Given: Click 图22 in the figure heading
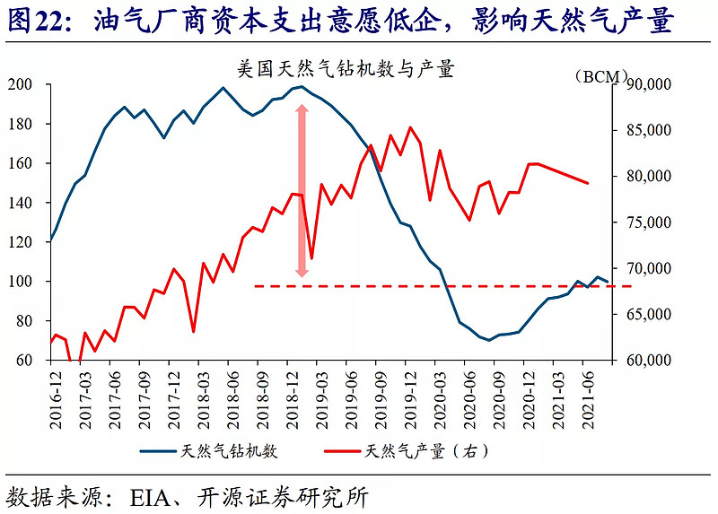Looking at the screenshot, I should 37,21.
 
